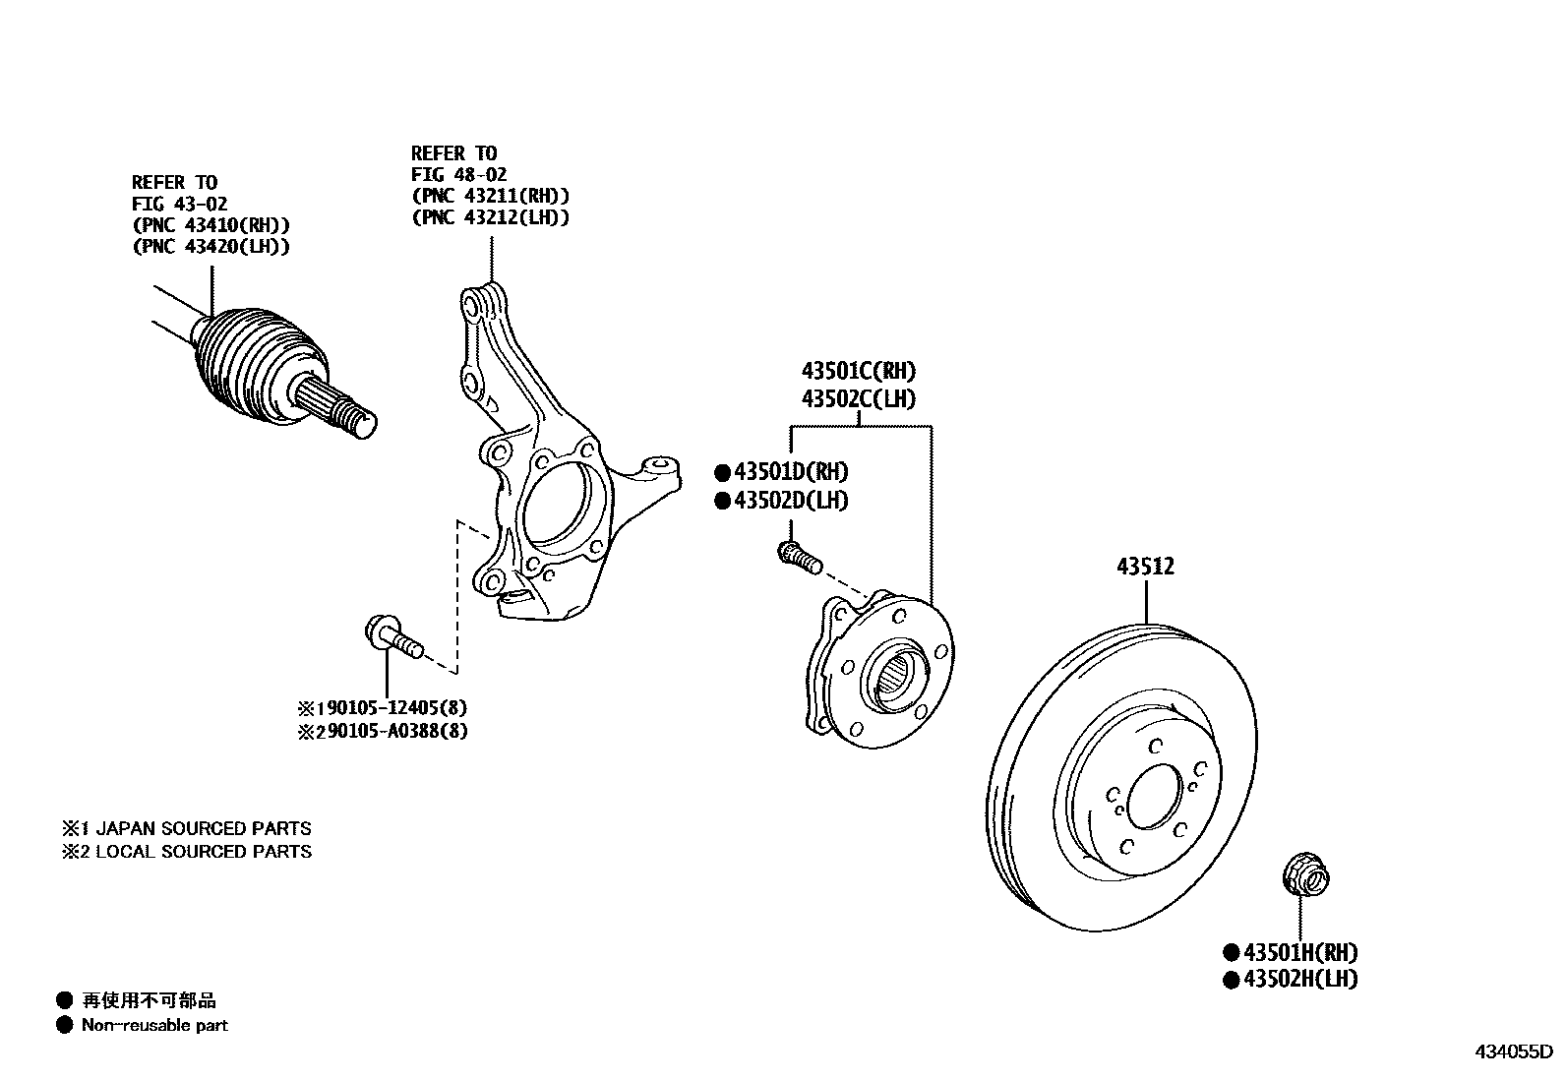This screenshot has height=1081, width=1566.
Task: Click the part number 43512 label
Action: [x=1145, y=567]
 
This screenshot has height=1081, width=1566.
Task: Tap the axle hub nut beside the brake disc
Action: [x=1306, y=877]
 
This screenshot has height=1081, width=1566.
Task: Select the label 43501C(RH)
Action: [x=858, y=372]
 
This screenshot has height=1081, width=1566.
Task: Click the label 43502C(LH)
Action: [x=858, y=399]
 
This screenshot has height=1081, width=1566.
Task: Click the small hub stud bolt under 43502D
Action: [x=798, y=558]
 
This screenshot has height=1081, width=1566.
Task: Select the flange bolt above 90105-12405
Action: [x=391, y=635]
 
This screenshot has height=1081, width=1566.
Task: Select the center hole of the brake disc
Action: [x=1154, y=797]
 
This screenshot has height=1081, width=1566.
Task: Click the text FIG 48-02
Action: [x=458, y=175]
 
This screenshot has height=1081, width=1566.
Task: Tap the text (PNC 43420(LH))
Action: [x=211, y=247]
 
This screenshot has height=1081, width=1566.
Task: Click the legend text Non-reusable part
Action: [x=154, y=1025]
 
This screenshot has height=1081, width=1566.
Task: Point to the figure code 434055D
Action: [x=1511, y=1051]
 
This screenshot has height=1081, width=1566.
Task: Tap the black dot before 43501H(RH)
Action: [x=1230, y=952]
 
